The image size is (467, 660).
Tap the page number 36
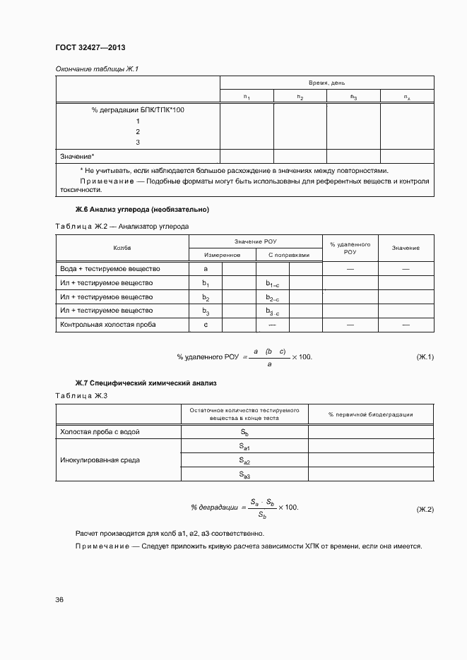point(60,599)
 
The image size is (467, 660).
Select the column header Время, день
point(326,83)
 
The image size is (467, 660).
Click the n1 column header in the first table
point(247,97)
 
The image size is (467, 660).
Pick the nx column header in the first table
point(407,97)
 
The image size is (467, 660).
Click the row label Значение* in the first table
point(78,156)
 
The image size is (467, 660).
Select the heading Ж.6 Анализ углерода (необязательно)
point(142,210)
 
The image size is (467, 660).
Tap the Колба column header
point(122,248)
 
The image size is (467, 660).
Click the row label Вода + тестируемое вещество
point(111,269)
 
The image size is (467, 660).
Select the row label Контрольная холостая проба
point(108,325)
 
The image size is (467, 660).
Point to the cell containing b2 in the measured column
point(206,297)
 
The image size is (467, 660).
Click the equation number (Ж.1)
point(424,357)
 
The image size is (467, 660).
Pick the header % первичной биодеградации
point(370,414)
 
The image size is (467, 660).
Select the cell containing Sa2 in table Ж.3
point(244,461)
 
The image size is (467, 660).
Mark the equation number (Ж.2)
point(424,509)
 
